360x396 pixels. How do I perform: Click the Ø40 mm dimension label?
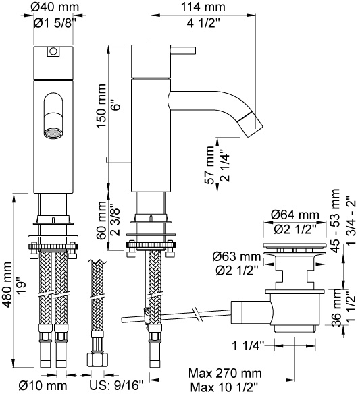tap(55, 7)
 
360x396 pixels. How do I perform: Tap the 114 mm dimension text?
tap(203, 7)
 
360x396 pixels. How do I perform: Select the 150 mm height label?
tap(101, 106)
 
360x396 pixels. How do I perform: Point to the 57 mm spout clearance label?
tap(210, 165)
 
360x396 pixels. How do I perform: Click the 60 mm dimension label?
tap(103, 220)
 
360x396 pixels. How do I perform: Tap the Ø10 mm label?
tap(43, 386)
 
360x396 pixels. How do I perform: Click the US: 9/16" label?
tap(116, 386)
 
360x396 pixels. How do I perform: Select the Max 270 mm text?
tap(225, 373)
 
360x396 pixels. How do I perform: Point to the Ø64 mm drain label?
tap(295, 215)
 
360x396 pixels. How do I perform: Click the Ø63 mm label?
tap(236, 257)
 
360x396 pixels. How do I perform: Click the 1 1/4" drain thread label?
tap(248, 346)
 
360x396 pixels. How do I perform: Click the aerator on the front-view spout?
tap(53, 134)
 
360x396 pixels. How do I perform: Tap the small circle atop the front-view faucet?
tap(53, 51)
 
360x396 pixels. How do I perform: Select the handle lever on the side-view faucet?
tap(183, 50)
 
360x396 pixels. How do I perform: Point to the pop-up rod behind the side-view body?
tap(119, 160)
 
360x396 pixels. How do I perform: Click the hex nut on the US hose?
tap(97, 360)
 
